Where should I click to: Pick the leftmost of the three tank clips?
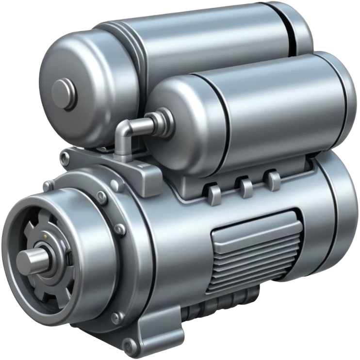[214, 193]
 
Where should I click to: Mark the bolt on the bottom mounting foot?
[130, 345]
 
